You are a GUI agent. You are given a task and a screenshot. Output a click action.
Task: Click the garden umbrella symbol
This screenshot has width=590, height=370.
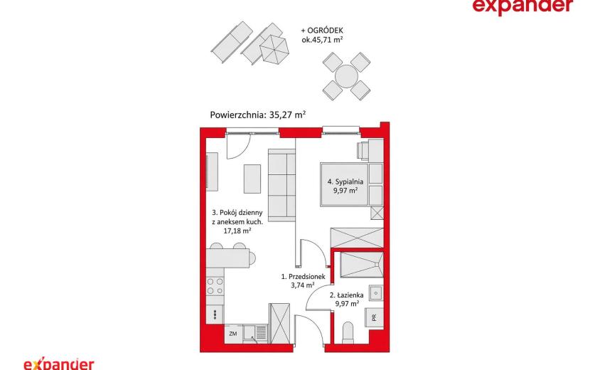(274, 50)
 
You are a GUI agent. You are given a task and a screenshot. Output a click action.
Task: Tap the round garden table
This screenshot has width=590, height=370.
(346, 76)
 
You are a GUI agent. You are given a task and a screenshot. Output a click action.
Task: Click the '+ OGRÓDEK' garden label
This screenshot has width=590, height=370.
(322, 31)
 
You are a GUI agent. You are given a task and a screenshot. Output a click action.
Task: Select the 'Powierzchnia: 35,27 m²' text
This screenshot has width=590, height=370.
(258, 115)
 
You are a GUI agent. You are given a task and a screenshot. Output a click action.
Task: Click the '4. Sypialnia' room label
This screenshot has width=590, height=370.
(345, 181)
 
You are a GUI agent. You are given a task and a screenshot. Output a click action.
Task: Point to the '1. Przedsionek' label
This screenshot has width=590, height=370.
(303, 277)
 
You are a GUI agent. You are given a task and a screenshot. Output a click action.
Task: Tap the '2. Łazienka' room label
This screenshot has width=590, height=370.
(347, 295)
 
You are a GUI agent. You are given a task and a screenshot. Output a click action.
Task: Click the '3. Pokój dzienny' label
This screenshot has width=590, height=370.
(237, 213)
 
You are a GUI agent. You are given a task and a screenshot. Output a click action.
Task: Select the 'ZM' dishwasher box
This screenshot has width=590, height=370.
(233, 334)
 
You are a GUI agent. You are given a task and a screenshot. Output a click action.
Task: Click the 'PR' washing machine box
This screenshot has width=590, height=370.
(374, 317)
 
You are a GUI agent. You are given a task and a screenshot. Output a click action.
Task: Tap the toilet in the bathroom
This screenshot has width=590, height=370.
(348, 333)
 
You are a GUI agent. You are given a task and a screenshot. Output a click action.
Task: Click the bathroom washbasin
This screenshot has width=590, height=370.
(376, 292)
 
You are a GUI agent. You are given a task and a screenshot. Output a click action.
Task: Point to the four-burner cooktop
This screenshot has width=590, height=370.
(215, 286)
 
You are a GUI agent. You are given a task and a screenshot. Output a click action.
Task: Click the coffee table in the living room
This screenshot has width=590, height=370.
(252, 179)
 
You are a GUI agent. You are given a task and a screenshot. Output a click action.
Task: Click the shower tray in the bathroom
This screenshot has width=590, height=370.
(361, 265)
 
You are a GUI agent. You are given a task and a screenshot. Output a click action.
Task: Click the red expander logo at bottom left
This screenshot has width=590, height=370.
(59, 364)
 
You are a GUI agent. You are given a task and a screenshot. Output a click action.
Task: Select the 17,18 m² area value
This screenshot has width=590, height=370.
(237, 231)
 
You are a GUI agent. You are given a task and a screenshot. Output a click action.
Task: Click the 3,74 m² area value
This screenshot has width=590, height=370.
(303, 285)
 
